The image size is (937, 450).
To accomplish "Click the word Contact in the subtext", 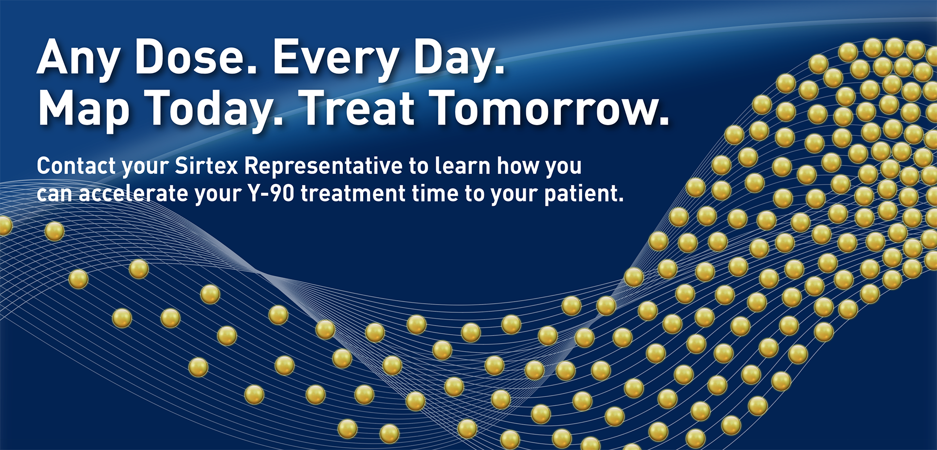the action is [76, 166].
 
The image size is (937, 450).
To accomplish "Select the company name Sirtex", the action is [206, 166].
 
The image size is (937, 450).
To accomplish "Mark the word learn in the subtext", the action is [462, 166].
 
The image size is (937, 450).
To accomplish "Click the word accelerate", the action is [133, 194].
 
